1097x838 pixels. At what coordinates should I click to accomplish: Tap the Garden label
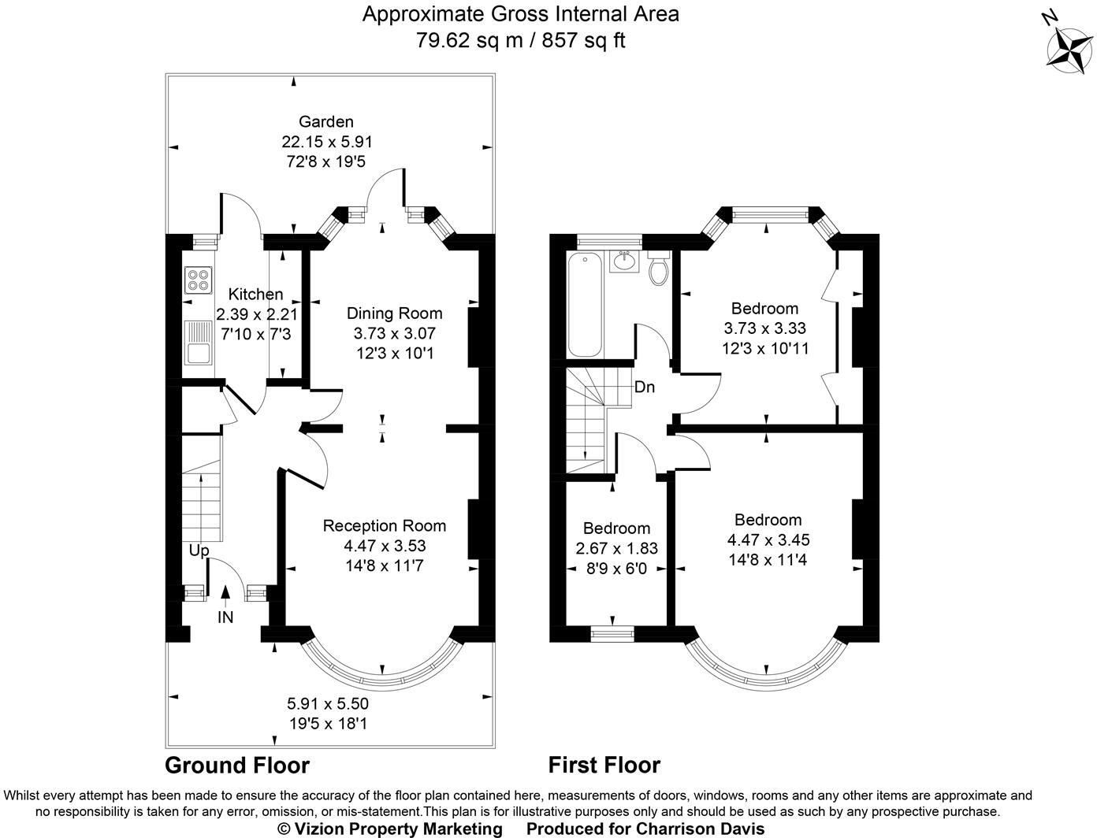pos(325,121)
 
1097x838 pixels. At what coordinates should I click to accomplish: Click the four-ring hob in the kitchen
pos(198,280)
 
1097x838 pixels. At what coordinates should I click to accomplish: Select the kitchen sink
pos(197,343)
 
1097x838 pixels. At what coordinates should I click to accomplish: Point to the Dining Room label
pos(394,313)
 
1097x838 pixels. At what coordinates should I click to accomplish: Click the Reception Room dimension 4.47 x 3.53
pos(385,545)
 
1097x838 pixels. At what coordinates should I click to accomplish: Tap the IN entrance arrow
pos(225,599)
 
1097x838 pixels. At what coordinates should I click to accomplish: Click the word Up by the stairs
pos(199,551)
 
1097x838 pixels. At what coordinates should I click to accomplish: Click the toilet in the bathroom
pos(658,270)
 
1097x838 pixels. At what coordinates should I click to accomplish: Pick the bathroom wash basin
pos(626,260)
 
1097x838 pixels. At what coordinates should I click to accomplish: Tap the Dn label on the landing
pos(644,387)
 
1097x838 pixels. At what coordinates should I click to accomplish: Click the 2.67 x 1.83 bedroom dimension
pos(616,548)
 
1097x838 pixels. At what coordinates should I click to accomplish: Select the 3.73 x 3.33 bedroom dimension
pos(764,328)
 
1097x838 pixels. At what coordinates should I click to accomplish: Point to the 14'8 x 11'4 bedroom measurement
pos(768,560)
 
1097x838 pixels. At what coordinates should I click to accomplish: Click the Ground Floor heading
pos(236,765)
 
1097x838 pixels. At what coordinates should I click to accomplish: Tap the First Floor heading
pos(604,765)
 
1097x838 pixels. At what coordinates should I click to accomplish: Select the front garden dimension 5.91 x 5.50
pos(327,703)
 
